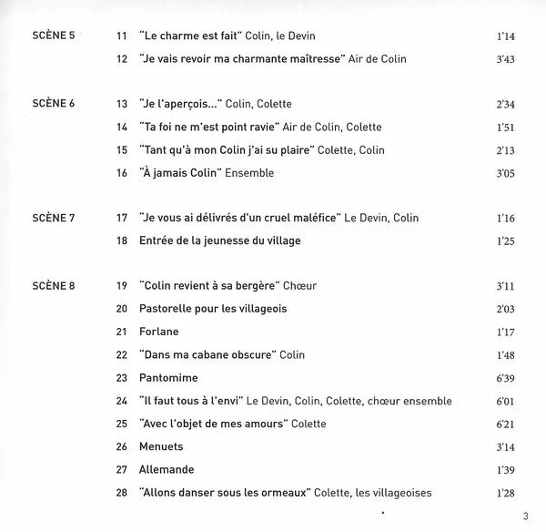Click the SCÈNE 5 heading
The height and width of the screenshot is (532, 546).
51,36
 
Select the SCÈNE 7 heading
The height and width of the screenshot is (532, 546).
51,219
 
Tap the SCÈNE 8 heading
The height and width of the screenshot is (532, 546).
51,286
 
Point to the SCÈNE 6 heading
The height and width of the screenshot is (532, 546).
51,104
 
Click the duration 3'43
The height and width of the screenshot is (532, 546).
506,58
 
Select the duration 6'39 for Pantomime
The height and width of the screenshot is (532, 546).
506,377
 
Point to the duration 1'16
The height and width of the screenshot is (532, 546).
506,219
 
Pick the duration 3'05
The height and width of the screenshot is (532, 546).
506,173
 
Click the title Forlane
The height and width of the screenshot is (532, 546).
160,332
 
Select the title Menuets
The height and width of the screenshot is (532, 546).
163,447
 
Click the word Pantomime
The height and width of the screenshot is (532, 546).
170,377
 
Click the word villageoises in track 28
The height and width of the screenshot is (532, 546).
398,493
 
